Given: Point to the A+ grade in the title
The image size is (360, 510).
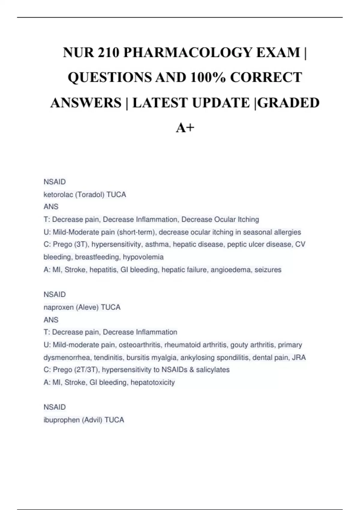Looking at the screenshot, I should click(185, 128).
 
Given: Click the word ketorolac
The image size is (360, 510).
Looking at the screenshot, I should click(58, 195).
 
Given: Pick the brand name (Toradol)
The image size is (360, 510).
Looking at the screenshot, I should click(90, 195).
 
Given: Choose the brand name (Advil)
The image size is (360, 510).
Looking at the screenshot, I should click(92, 420).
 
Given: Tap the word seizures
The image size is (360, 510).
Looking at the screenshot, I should click(268, 270).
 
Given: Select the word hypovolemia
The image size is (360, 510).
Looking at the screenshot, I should click(143, 257).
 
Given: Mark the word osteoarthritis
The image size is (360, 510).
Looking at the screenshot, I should click(140, 345).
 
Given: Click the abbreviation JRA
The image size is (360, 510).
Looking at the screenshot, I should click(299, 358).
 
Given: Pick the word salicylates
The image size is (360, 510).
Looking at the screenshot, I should click(213, 370).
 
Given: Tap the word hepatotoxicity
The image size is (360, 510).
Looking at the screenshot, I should click(153, 382).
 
